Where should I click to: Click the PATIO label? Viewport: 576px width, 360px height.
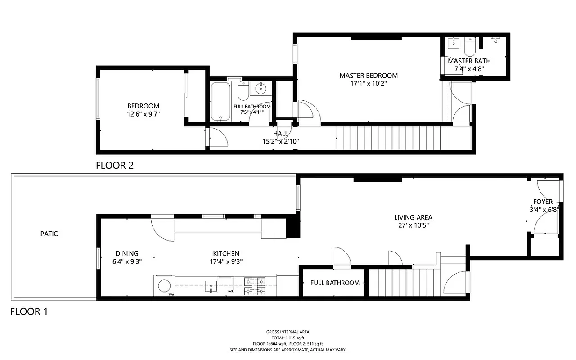[x=49, y=234]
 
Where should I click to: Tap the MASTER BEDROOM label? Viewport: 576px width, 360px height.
[x=369, y=76]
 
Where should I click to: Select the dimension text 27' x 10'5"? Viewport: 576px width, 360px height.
[x=413, y=225]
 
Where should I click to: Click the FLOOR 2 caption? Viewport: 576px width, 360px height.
[x=115, y=166]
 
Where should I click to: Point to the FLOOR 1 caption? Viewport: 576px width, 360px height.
[x=29, y=311]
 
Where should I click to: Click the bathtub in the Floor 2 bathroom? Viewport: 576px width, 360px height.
[x=221, y=102]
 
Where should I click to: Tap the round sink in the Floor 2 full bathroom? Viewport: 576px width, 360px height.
[x=261, y=89]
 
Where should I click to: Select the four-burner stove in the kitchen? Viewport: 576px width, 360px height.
[x=255, y=286]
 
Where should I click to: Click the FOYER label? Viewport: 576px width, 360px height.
[x=543, y=202]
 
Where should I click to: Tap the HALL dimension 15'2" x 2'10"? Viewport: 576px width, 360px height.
[x=281, y=141]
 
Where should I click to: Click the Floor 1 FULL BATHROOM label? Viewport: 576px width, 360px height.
[x=335, y=283]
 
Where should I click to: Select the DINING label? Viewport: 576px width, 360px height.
[x=126, y=253]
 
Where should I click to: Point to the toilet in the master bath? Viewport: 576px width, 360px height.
[x=469, y=46]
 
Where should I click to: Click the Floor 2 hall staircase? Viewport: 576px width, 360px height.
[x=391, y=139]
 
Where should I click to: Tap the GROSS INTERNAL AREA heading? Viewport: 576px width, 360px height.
[x=288, y=332]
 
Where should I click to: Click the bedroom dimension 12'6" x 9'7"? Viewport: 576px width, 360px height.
[x=143, y=114]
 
